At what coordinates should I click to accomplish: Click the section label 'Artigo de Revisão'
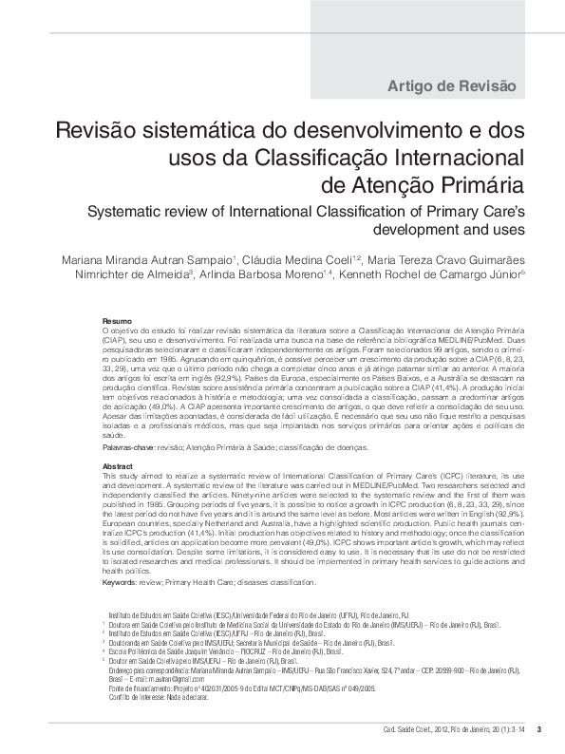pyautogui.click(x=451, y=86)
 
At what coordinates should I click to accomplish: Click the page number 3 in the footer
pyautogui.click(x=538, y=729)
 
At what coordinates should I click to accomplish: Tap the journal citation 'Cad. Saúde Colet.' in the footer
pyautogui.click(x=395, y=729)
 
